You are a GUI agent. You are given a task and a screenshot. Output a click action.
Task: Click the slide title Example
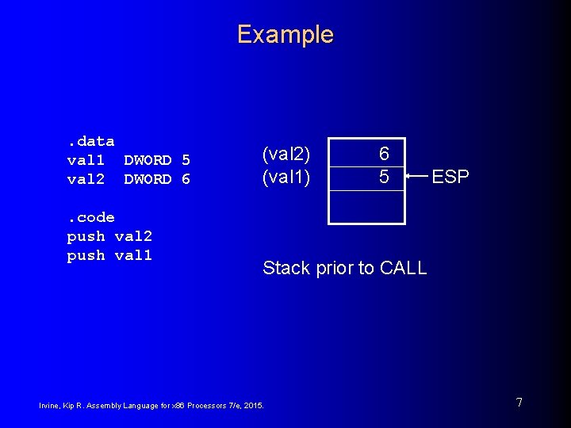point(285,35)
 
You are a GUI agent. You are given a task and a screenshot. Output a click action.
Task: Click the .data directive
point(90,141)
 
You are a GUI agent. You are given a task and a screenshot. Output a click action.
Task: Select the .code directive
point(90,217)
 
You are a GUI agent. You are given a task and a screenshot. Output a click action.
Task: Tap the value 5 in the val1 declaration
point(186,160)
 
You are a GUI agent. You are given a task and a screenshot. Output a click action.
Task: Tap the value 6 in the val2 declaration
point(186,179)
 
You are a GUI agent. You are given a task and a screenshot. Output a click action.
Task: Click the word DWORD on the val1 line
point(148,160)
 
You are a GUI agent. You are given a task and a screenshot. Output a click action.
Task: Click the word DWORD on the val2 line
point(148,179)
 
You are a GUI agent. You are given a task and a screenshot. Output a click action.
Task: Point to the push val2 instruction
point(109,236)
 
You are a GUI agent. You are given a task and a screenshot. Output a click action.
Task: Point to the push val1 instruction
point(109,255)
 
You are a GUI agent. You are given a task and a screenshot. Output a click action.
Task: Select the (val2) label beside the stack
point(285,154)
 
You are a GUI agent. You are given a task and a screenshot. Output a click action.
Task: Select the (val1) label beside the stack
point(285,178)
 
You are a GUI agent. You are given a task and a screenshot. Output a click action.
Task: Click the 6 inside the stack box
point(384,154)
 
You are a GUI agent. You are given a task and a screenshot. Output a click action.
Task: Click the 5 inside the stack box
point(384,178)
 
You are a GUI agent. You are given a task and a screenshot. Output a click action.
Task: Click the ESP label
point(450,177)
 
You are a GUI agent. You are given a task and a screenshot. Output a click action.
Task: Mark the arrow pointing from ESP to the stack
point(417,177)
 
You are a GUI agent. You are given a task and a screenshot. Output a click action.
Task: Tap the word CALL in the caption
point(404,268)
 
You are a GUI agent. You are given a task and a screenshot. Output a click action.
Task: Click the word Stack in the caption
point(285,268)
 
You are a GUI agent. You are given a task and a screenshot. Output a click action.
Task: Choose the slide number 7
point(519,403)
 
